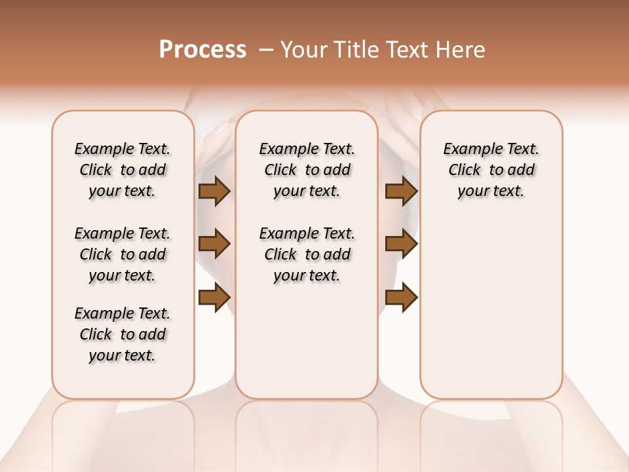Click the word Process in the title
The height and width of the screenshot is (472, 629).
[202, 50]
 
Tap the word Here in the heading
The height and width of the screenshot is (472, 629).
[463, 50]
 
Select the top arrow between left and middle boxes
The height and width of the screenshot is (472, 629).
[214, 191]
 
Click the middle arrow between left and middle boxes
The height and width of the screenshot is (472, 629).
[214, 244]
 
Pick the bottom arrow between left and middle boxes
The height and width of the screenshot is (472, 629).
[214, 298]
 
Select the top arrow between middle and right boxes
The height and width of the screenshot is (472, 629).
[401, 191]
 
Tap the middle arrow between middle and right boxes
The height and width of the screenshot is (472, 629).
[401, 244]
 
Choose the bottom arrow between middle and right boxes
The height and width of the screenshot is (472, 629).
[401, 298]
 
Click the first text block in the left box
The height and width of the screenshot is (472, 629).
[123, 170]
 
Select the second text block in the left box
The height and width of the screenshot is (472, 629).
[123, 254]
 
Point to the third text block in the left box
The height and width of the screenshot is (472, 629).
[123, 334]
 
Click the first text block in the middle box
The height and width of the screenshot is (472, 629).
[307, 170]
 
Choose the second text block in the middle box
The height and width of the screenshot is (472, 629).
[307, 254]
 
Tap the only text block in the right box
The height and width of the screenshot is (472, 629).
[491, 170]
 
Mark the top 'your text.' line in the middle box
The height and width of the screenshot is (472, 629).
[307, 191]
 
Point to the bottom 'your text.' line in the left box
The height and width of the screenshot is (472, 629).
[123, 356]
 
